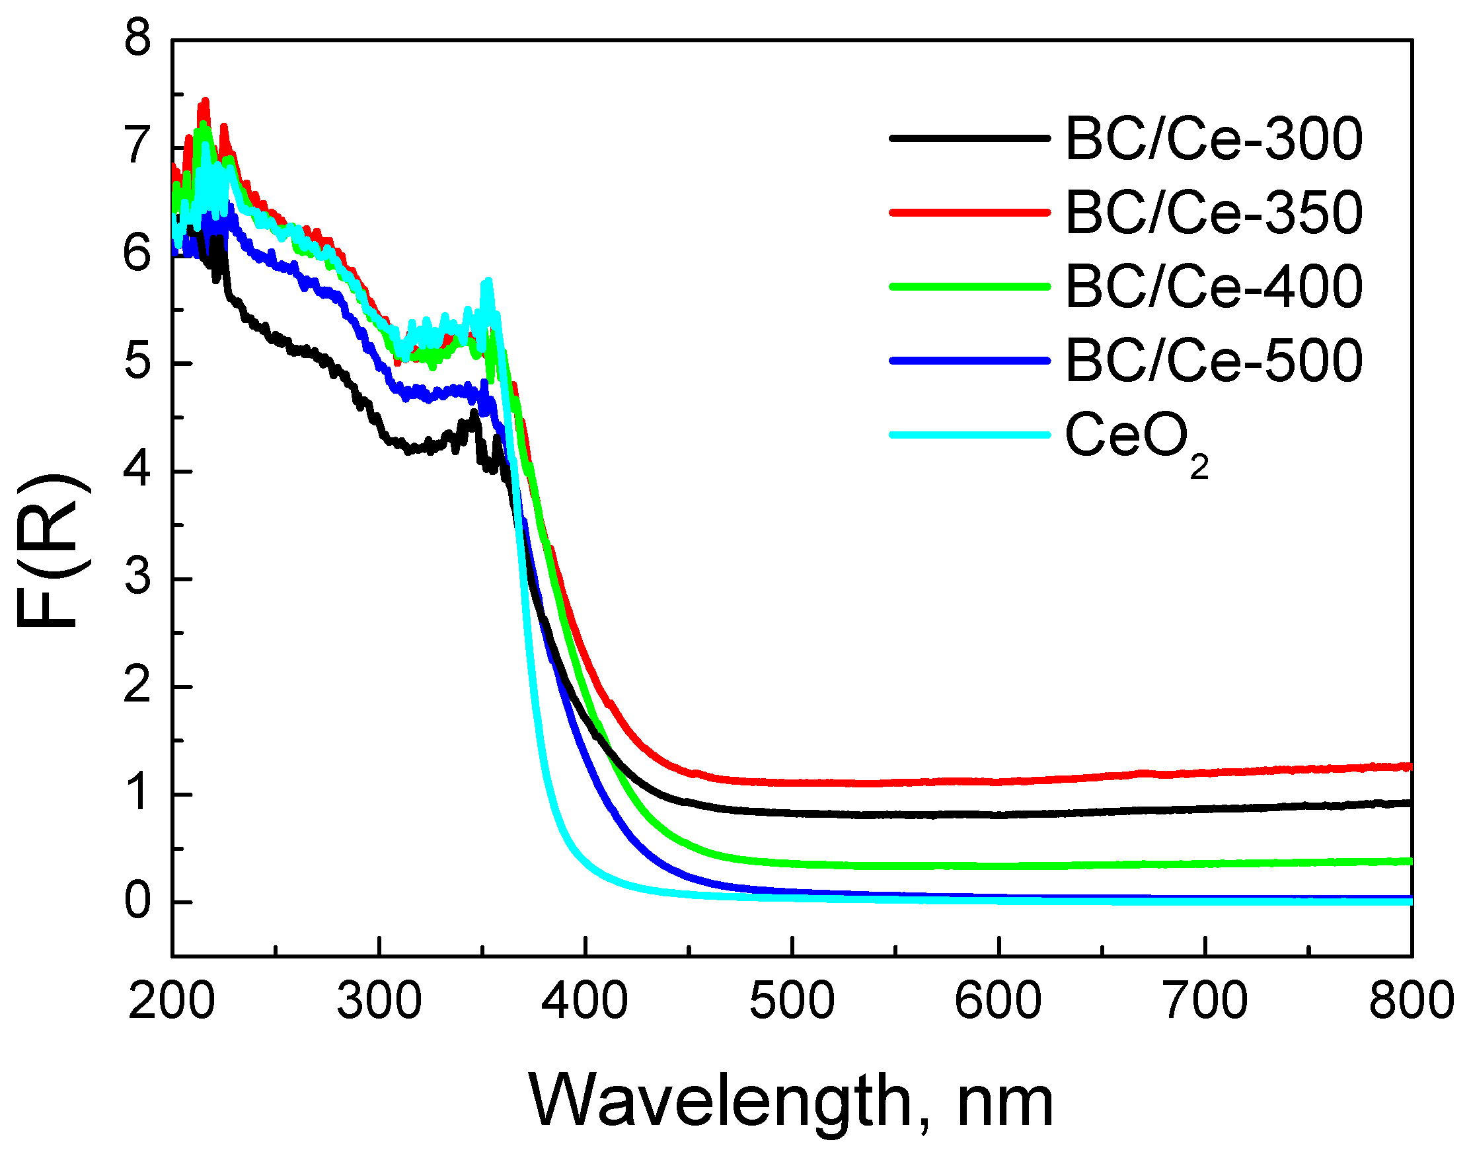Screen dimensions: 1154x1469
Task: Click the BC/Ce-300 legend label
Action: pos(1213,139)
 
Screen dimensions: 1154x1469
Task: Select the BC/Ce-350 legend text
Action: pos(1213,213)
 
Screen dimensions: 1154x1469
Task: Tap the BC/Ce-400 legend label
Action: pos(1213,287)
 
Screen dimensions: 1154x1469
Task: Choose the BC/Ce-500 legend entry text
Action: pos(1213,361)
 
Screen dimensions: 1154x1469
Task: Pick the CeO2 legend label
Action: pos(1135,439)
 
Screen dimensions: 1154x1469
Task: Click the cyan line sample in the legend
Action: pos(969,435)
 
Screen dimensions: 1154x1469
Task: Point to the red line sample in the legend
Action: pos(969,212)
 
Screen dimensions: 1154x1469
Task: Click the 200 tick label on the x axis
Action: pos(172,1001)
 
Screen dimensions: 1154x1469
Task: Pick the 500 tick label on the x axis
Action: pos(792,1001)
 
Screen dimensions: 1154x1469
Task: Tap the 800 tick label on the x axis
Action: pos(1411,1001)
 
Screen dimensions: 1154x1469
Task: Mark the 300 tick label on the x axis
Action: pos(379,1001)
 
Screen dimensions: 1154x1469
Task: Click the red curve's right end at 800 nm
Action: pos(1409,766)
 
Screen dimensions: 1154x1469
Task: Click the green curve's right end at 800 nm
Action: pos(1409,861)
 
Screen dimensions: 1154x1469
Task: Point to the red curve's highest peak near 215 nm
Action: pos(205,101)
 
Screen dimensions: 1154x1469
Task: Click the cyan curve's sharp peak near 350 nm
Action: pos(488,280)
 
